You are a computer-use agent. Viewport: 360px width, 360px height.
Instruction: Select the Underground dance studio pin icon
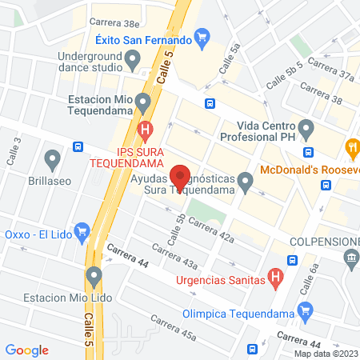point(134,58)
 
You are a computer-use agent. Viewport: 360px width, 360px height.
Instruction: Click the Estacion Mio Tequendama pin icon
point(142,102)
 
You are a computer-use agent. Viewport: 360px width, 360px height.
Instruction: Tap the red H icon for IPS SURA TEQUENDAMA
point(145,128)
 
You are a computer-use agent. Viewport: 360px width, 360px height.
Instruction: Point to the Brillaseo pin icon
point(53,159)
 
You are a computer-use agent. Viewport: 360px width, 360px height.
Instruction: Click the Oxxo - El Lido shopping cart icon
point(82,232)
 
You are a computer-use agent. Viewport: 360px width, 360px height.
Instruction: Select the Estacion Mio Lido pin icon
point(94,278)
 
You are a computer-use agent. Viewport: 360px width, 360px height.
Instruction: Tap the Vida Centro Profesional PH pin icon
point(306,128)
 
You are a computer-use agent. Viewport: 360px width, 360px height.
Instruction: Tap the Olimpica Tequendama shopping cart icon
point(304,311)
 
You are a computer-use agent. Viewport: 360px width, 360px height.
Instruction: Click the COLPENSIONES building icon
point(350,258)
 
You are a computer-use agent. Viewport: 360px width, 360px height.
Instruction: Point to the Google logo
point(27,350)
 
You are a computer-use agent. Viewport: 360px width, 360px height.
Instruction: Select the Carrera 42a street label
point(211,231)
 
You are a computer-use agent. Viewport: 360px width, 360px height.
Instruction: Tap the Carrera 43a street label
point(174,258)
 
